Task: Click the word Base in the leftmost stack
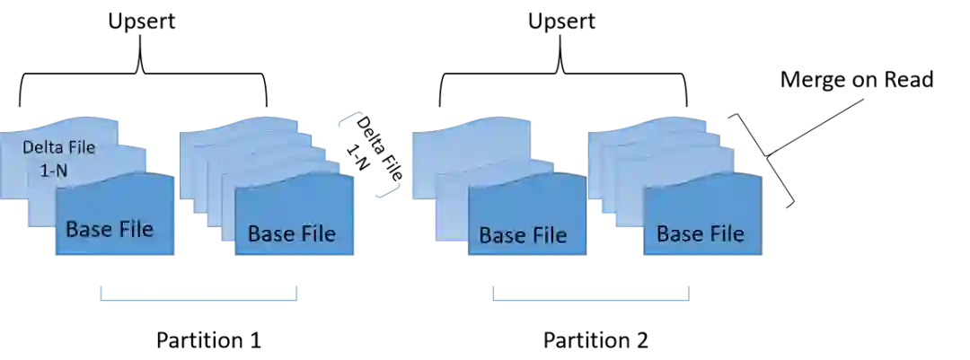(89, 229)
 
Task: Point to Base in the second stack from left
(271, 234)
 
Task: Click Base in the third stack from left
(503, 236)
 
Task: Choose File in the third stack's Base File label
(549, 236)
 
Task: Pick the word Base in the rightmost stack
(680, 234)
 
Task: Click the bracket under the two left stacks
(198, 297)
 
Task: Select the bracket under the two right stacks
(589, 297)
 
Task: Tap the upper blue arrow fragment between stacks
(352, 119)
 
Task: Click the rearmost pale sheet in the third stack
(467, 135)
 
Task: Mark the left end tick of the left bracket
(96, 290)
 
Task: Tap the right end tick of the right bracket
(688, 290)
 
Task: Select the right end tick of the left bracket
(299, 290)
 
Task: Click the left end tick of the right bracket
(491, 290)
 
